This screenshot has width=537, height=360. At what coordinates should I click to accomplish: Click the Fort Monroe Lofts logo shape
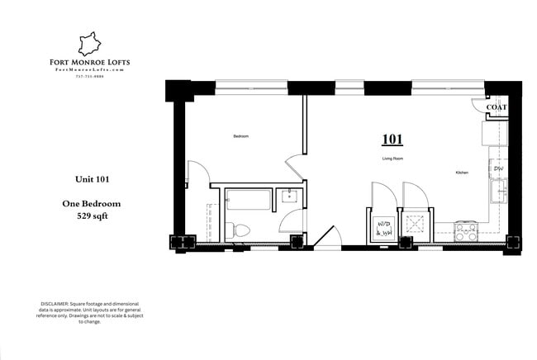(x=88, y=44)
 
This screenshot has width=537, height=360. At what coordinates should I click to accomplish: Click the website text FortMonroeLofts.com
(x=88, y=70)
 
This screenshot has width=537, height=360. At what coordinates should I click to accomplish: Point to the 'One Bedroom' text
(x=92, y=203)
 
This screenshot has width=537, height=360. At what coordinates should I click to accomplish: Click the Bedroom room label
(x=240, y=135)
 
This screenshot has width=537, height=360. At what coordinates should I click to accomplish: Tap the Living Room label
(x=392, y=158)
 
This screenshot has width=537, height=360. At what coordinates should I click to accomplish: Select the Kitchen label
(x=463, y=173)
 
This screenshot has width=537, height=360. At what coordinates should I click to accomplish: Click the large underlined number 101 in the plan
(x=392, y=139)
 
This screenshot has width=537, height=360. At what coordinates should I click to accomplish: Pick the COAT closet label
(x=497, y=107)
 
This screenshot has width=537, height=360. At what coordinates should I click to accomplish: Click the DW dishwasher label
(x=498, y=168)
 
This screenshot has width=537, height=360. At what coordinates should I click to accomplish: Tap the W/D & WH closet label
(x=384, y=228)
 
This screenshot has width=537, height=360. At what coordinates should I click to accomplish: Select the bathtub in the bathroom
(x=248, y=199)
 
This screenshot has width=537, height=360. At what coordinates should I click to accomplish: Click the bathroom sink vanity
(x=290, y=197)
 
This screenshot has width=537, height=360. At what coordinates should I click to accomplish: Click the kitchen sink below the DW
(x=498, y=193)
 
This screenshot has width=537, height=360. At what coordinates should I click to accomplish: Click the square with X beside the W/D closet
(x=414, y=223)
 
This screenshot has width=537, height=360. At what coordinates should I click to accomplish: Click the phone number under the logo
(x=88, y=78)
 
